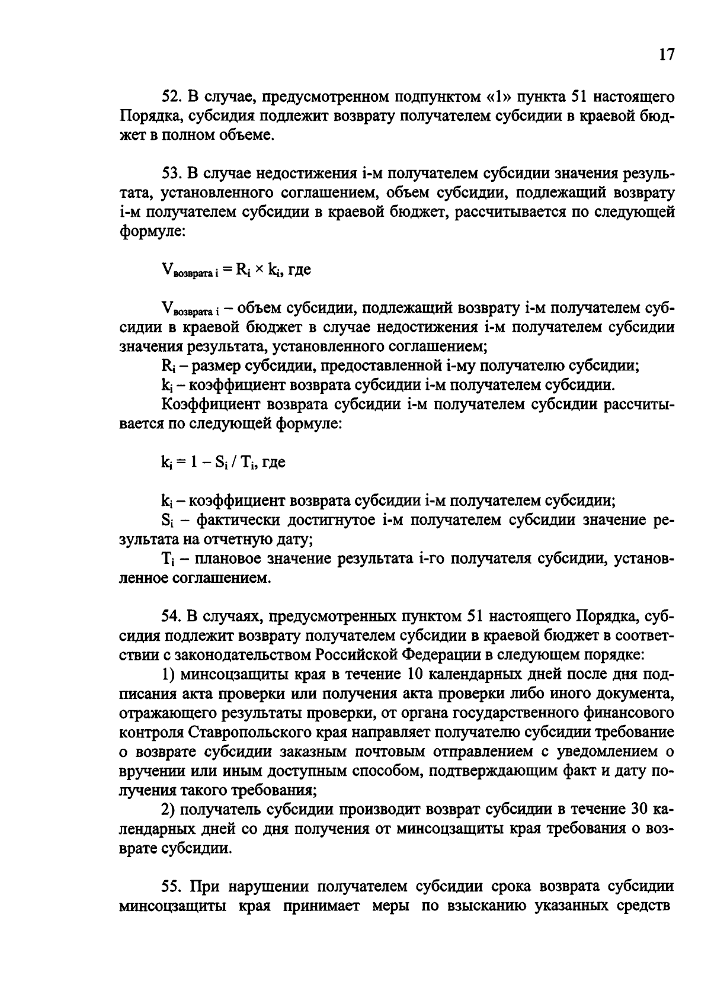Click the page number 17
(666, 54)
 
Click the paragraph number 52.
(171, 96)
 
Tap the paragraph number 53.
(171, 173)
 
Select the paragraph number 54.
(171, 616)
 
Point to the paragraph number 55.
(171, 886)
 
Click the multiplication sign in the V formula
(259, 270)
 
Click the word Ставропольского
(251, 732)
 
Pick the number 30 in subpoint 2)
(630, 809)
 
